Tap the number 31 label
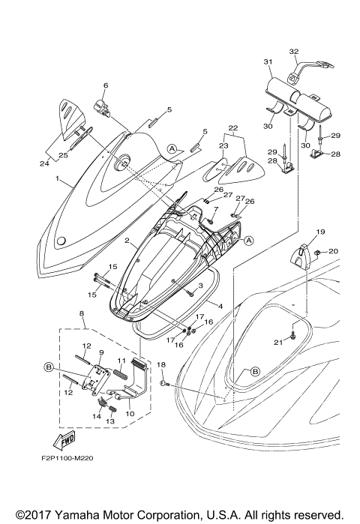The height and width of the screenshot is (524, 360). click(268, 61)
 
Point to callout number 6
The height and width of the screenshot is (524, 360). click(105, 85)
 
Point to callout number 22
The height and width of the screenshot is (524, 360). click(233, 127)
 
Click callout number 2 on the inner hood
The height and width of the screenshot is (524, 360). click(128, 242)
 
